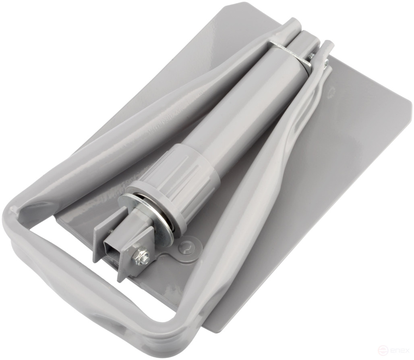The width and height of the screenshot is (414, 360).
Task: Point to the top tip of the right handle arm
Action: (x=328, y=44)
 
